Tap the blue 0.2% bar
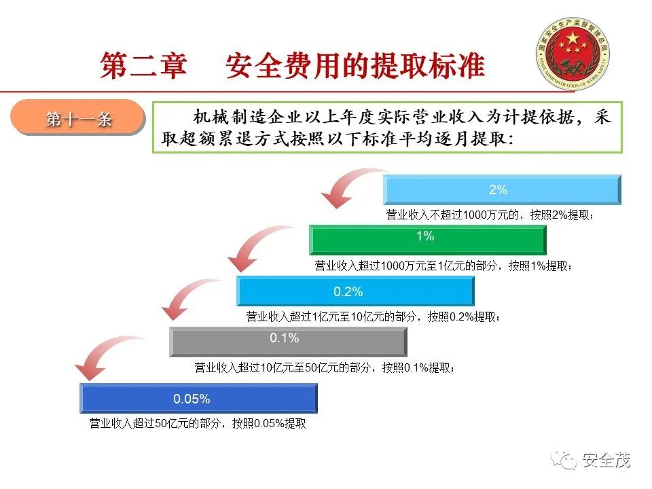(x=355, y=291)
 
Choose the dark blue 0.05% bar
(x=198, y=398)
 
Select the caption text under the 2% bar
(x=490, y=215)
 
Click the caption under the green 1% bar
(x=443, y=266)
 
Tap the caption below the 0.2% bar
(x=374, y=317)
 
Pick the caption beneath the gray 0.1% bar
(x=324, y=367)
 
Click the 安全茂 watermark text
(x=606, y=461)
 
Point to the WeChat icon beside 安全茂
(x=565, y=461)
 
